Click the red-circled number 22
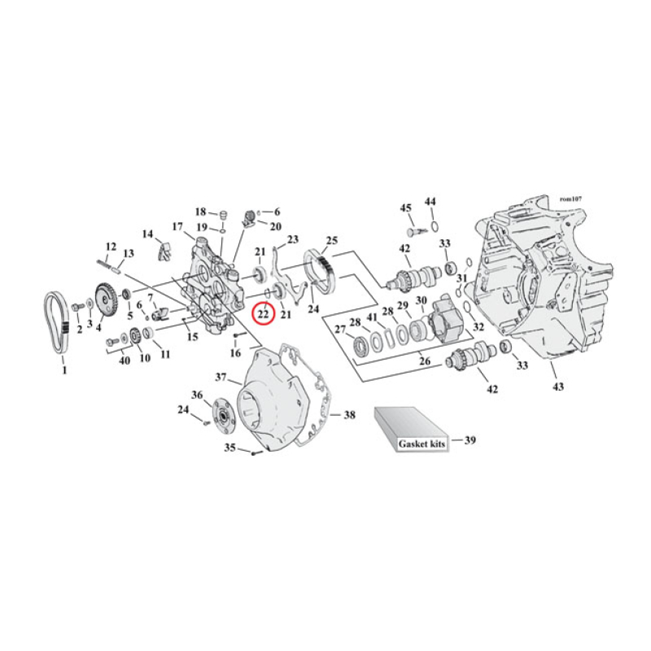click(264, 312)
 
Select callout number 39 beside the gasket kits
click(470, 440)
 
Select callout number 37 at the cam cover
click(221, 377)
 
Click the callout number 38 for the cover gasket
click(349, 415)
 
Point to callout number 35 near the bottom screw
click(229, 448)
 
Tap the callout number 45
click(404, 208)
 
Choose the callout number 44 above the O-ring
click(430, 201)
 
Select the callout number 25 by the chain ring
click(331, 241)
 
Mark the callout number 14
click(147, 234)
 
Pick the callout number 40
click(124, 360)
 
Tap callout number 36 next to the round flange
click(196, 395)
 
